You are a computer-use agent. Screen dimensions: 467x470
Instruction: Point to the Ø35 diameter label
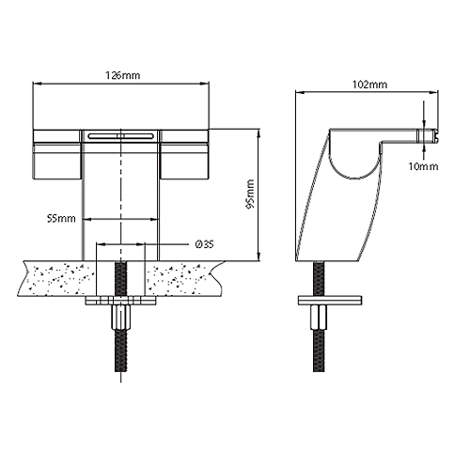coord(206,243)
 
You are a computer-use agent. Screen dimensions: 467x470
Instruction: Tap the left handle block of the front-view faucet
coord(58,155)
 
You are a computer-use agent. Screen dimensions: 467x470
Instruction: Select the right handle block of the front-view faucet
coord(186,155)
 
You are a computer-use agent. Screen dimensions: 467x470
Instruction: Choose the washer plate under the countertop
coord(120,303)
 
